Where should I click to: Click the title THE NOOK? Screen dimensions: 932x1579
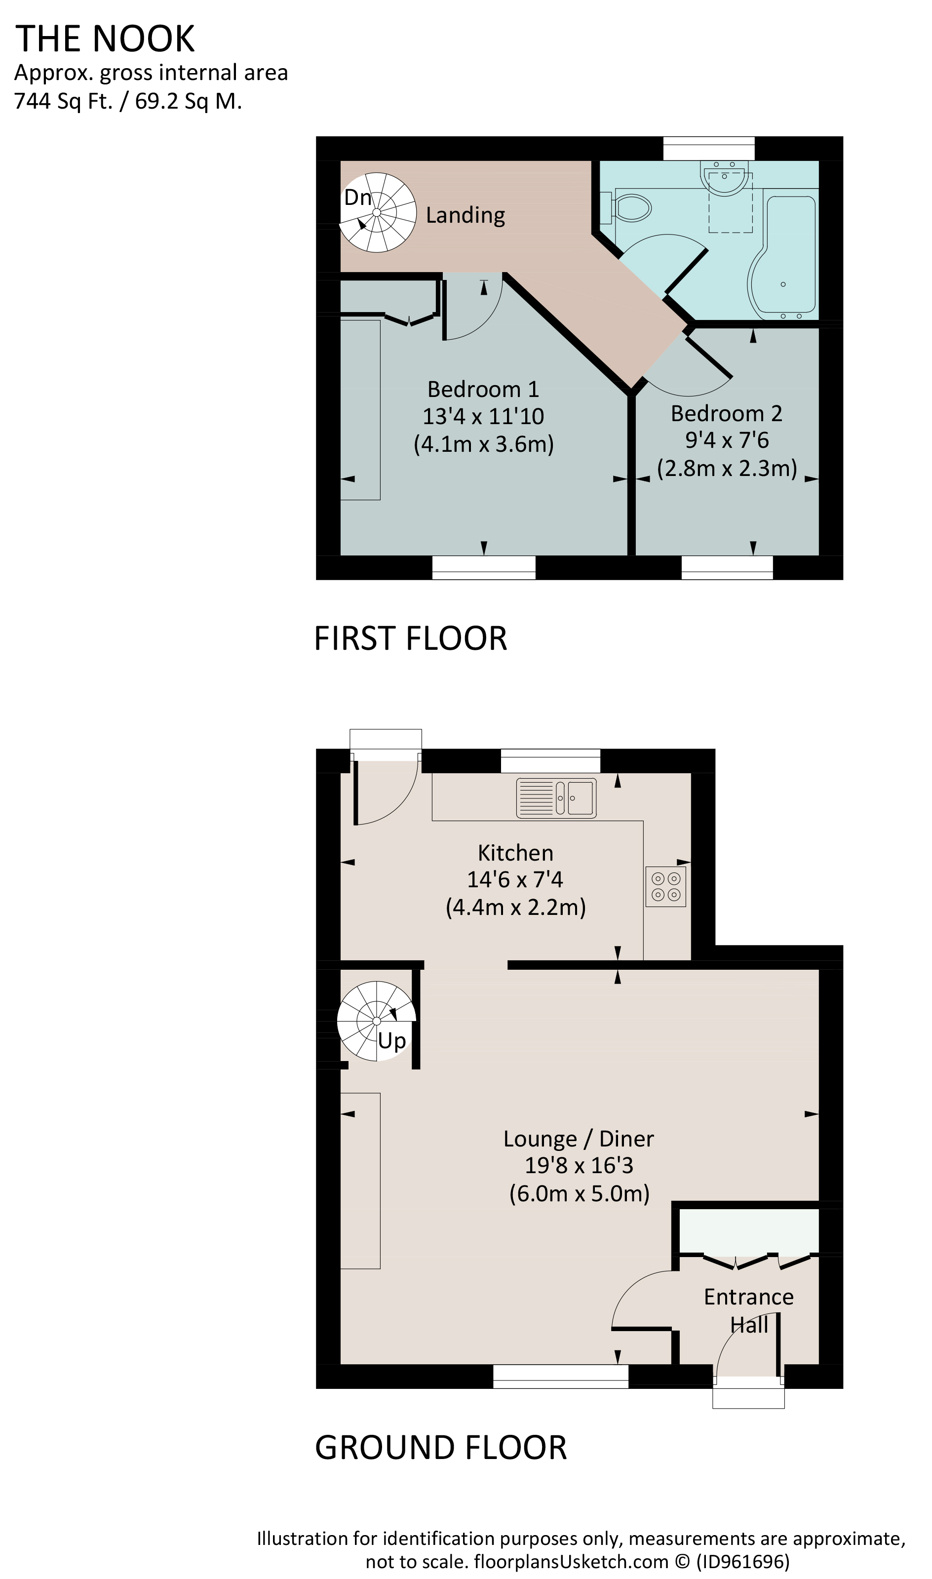point(105,39)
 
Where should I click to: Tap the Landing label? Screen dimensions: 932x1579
point(466,215)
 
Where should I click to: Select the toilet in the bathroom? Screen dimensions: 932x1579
point(626,207)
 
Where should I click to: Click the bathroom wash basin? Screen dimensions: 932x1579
point(724,178)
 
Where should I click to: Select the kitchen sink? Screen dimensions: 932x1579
point(556,798)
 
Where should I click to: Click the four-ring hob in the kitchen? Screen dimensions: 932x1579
point(666,886)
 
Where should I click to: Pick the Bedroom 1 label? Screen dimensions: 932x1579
point(483,390)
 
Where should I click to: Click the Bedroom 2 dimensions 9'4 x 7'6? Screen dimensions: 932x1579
point(727,440)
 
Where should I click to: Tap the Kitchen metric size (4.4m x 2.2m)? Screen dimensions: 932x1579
point(516,907)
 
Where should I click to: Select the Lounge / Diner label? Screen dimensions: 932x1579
point(579,1139)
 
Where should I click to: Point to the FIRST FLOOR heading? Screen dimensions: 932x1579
point(410,639)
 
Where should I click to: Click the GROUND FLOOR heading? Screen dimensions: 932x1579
point(441,1448)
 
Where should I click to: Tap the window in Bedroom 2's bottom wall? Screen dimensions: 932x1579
point(727,568)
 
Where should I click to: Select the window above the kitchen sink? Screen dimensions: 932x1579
point(550,760)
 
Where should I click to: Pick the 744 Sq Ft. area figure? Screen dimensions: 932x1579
point(63,101)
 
